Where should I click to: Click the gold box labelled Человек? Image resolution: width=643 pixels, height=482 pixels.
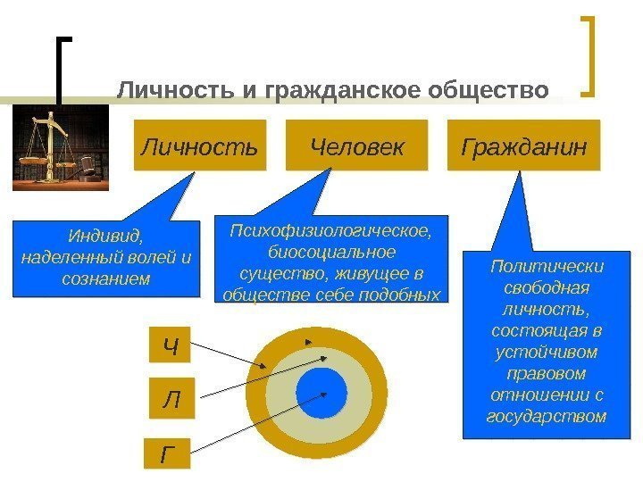coord(357,145)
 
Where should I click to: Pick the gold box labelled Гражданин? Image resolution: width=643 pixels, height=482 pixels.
coord(524,145)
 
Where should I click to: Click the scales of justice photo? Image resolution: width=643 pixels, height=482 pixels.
coord(59,147)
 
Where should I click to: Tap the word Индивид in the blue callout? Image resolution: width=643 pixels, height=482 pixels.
coord(104,237)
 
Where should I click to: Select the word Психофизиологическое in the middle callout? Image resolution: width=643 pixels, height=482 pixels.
coord(331,231)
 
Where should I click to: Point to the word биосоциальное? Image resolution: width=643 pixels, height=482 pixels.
coord(331,252)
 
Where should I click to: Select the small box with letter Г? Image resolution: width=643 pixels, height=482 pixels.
coord(169,454)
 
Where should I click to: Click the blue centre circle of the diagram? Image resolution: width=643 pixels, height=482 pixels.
coord(321,393)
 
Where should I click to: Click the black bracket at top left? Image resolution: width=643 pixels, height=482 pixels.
coord(63,67)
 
